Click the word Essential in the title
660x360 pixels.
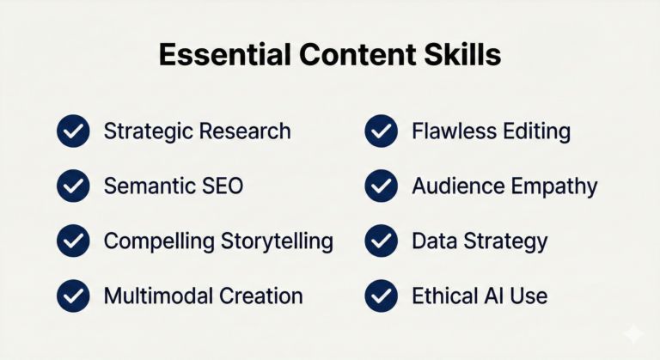(217, 56)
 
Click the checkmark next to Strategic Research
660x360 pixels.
(73, 131)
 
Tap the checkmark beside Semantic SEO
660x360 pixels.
(73, 186)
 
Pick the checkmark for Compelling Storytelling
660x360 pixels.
(73, 241)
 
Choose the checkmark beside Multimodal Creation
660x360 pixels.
(73, 296)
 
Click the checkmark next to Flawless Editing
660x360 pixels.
(381, 131)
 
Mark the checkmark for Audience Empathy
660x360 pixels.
(381, 186)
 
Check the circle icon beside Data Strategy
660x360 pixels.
(381, 241)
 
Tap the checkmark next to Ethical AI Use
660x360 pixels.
(381, 296)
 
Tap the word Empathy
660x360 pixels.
(555, 186)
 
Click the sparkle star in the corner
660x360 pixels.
(633, 334)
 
